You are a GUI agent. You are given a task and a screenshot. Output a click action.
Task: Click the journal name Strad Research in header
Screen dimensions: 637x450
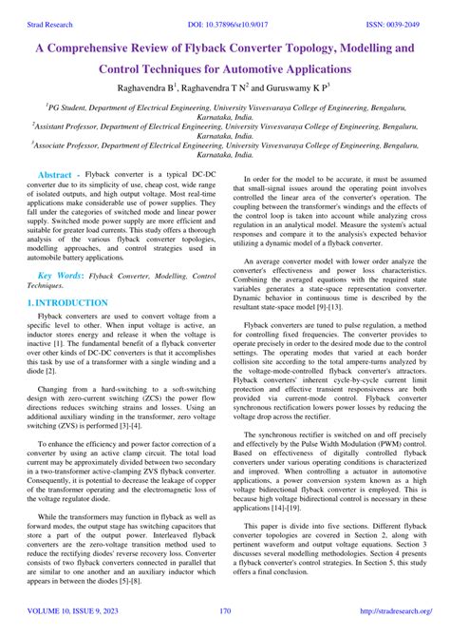45,9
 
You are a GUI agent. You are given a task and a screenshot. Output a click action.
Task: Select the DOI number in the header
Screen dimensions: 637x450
226,9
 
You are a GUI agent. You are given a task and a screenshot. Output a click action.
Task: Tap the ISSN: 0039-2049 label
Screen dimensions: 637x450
391,9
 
